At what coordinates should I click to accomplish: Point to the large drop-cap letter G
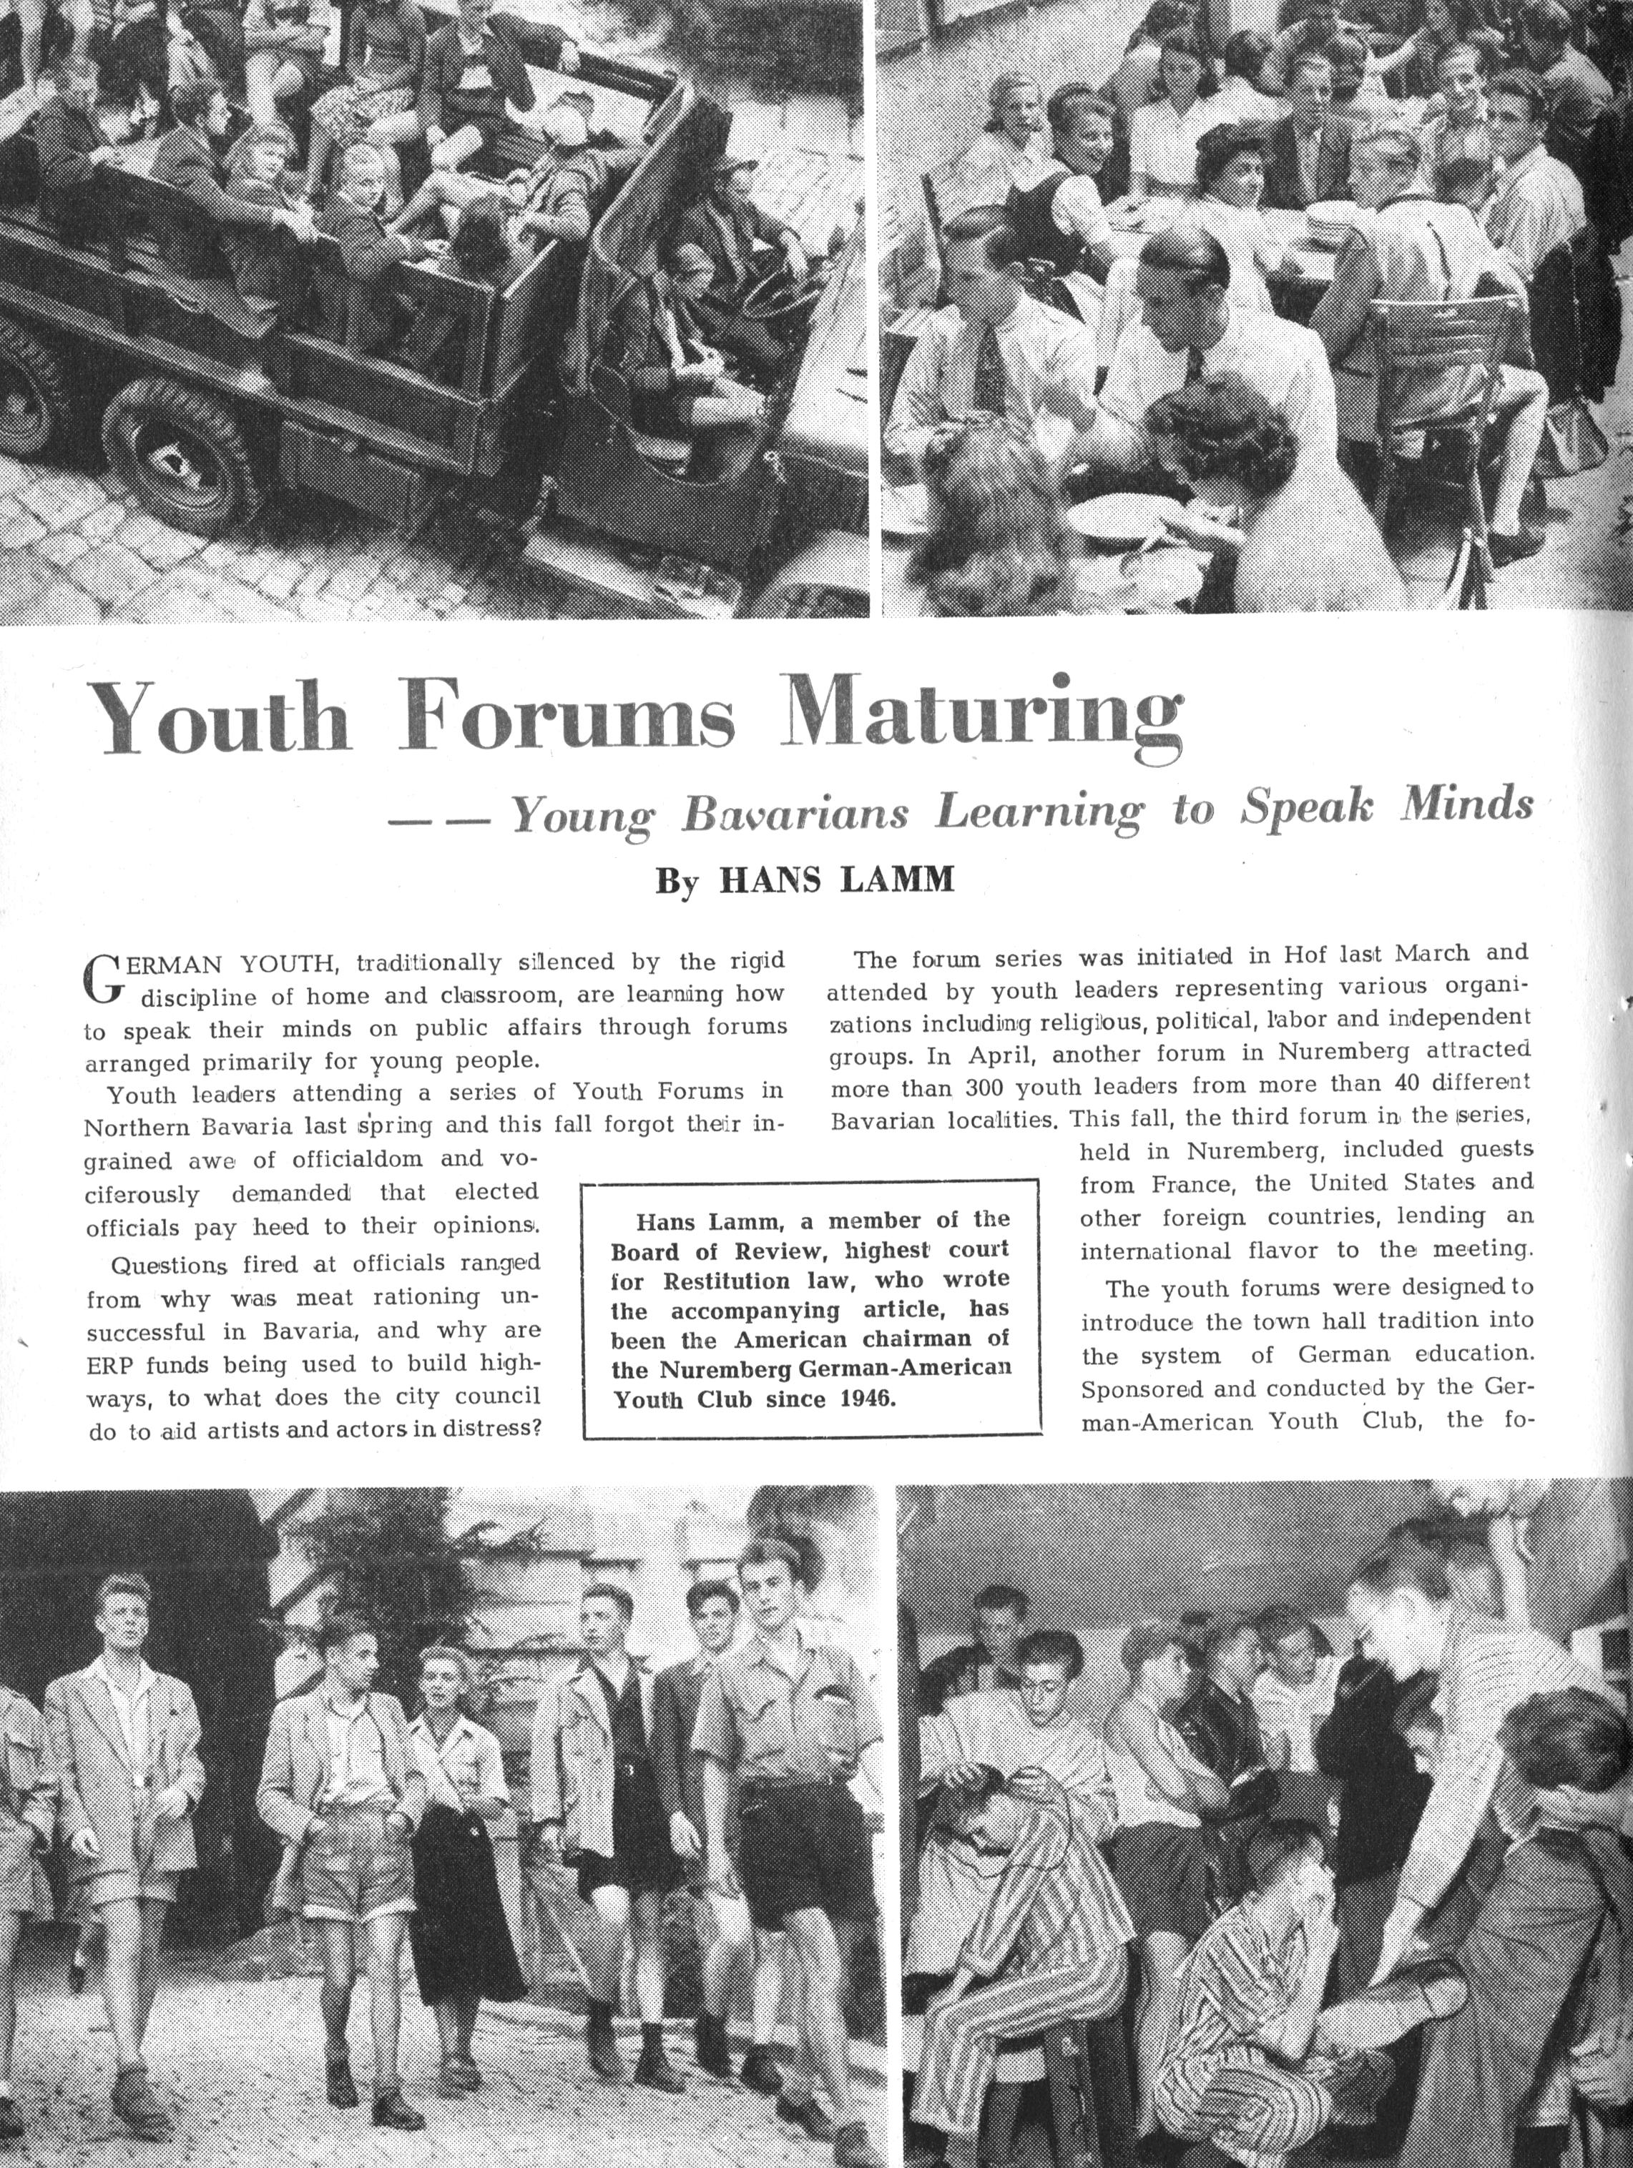coord(103,979)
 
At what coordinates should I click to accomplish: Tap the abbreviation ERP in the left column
coord(107,1365)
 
